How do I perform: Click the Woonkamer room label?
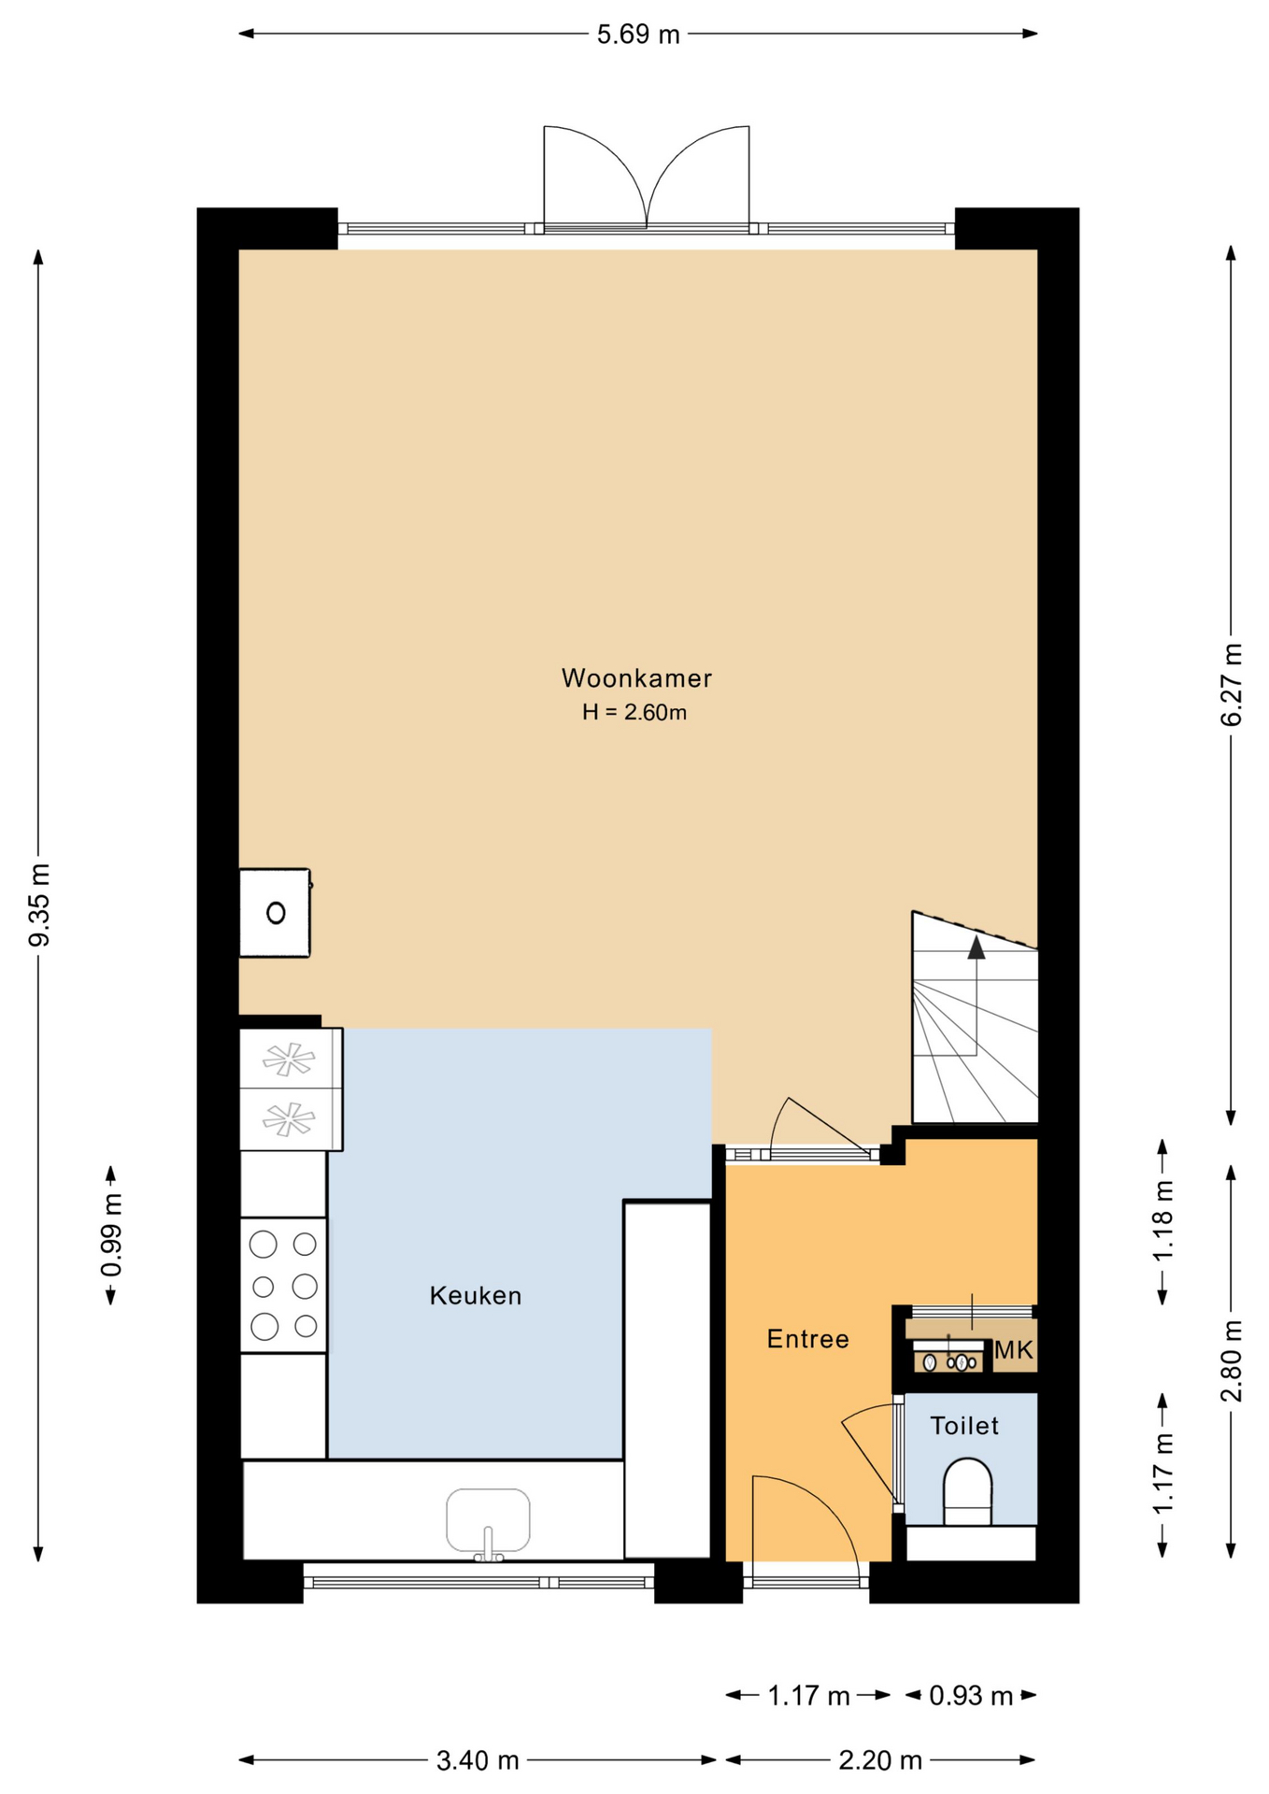[x=636, y=678]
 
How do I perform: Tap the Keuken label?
[x=476, y=1296]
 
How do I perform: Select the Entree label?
[x=807, y=1339]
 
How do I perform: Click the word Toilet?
[x=964, y=1426]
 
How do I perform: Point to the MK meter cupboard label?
[x=1013, y=1350]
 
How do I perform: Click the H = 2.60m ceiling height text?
[x=634, y=712]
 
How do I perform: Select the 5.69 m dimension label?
[x=638, y=35]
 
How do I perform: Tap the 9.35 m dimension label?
[x=39, y=904]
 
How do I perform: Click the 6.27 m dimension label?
[x=1232, y=685]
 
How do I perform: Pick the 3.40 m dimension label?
[x=478, y=1761]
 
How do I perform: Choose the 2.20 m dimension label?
[x=880, y=1761]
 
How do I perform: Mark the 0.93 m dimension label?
[x=971, y=1696]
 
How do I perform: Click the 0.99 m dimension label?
[x=111, y=1235]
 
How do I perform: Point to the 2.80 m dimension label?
[x=1232, y=1360]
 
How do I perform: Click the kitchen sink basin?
[x=488, y=1519]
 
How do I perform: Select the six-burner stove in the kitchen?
[x=283, y=1285]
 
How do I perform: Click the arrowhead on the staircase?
[x=977, y=947]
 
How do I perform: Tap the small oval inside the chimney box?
[x=276, y=913]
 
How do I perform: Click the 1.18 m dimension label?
[x=1163, y=1222]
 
